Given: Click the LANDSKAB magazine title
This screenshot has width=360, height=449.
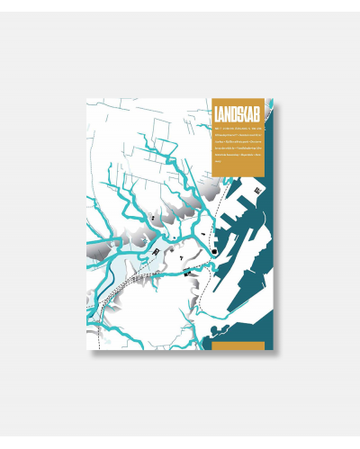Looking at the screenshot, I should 238,115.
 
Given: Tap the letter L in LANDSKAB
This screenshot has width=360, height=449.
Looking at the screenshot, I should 219,115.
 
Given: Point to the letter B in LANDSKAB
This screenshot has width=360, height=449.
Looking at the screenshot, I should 259,115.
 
